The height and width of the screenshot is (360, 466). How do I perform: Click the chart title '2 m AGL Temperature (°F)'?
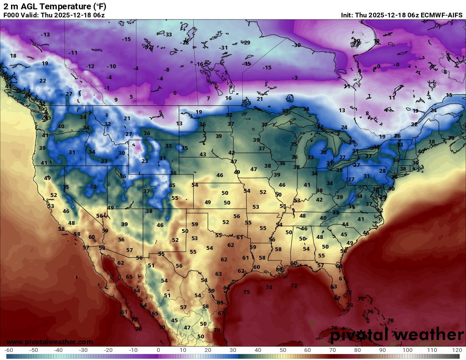coord(55,6)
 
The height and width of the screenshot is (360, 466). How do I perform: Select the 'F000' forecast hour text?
coord(11,15)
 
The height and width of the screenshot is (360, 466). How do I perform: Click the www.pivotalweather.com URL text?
coord(50,342)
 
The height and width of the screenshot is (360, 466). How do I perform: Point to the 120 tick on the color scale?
coord(457,350)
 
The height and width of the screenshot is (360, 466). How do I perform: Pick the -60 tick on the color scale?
coord(9,350)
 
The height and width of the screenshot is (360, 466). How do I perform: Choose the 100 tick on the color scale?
coord(407,350)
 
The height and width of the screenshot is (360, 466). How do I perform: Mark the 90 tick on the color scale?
coord(382,350)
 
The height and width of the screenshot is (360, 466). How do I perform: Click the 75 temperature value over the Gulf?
coord(247,292)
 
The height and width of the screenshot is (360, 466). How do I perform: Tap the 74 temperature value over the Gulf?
coord(269,288)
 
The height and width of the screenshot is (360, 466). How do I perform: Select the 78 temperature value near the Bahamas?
coord(391,321)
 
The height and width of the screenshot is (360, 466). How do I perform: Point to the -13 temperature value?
coord(45,34)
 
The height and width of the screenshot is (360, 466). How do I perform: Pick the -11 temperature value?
coord(73,53)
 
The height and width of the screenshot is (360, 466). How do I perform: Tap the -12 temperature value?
coord(90,66)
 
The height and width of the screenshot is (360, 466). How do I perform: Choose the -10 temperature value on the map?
coord(111,66)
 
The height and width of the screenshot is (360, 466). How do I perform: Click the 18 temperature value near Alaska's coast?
coord(13,56)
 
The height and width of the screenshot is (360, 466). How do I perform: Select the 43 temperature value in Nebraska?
coord(203,155)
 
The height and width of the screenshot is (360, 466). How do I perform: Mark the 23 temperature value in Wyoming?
coord(145,161)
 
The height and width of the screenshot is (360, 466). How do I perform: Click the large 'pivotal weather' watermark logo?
coord(397,335)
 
